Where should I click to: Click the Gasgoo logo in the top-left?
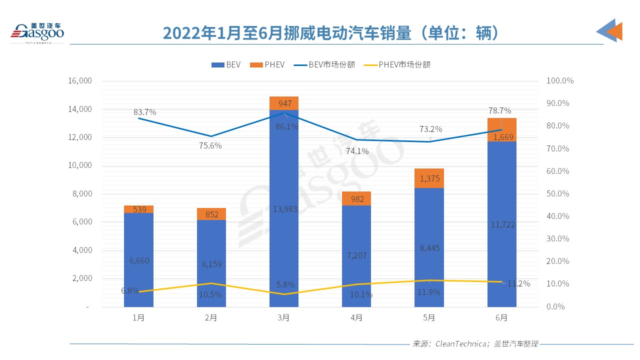click(x=37, y=31)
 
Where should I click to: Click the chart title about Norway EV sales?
click(x=331, y=32)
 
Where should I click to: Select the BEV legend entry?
click(x=226, y=64)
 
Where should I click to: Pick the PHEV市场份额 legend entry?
click(x=398, y=64)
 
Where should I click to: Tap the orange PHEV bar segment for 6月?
click(x=501, y=129)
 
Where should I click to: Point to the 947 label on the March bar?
click(x=283, y=103)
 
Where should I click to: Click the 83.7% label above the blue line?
click(x=145, y=112)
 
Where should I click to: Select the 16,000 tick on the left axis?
click(x=78, y=81)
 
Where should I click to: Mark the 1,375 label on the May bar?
click(x=429, y=178)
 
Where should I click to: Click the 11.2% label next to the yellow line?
click(x=518, y=283)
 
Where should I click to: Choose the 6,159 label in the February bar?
click(x=211, y=264)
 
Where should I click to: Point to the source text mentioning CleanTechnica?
click(x=475, y=344)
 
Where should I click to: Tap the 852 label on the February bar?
click(x=211, y=214)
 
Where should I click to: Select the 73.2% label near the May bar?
click(x=430, y=129)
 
